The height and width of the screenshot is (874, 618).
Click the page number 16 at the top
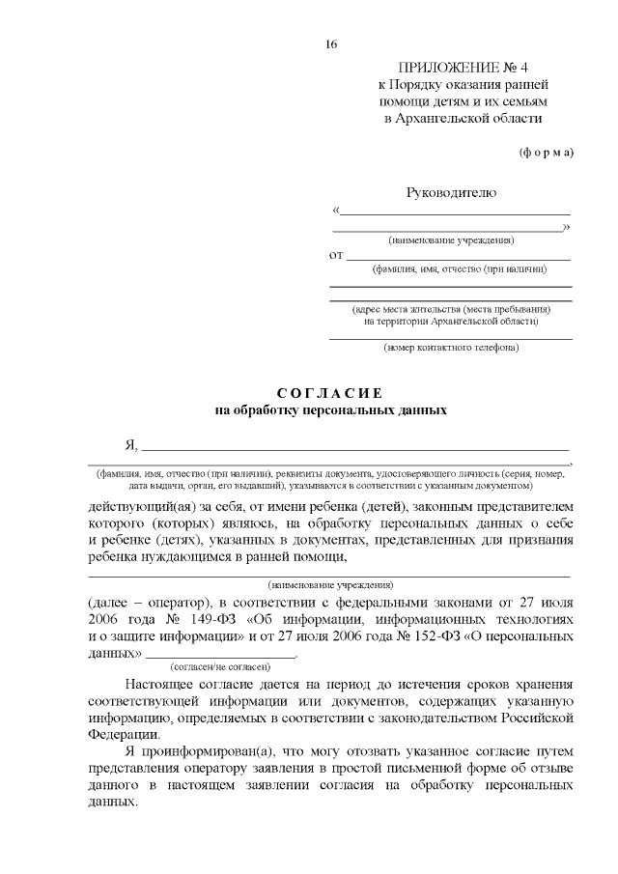(331, 44)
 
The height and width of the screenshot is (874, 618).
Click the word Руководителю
(451, 192)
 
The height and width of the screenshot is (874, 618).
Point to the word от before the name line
(336, 256)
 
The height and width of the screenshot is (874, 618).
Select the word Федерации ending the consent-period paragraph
(118, 733)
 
